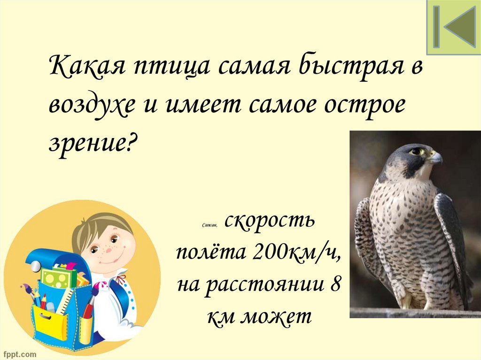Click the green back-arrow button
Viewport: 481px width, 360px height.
453,27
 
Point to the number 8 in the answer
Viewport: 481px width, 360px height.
335,285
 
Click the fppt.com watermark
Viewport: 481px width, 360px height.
19,352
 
